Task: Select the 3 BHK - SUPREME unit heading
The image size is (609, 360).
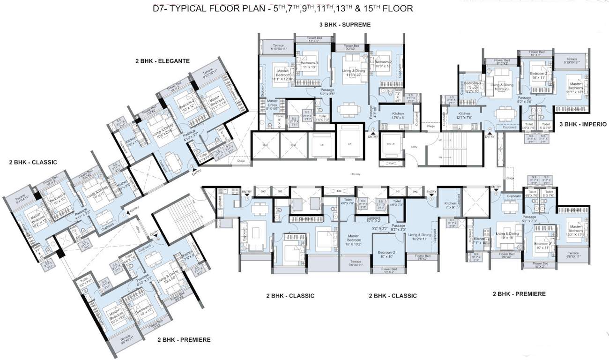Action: coord(342,24)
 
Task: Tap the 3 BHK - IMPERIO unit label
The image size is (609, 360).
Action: coord(583,124)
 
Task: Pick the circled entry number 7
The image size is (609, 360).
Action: coord(247,199)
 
